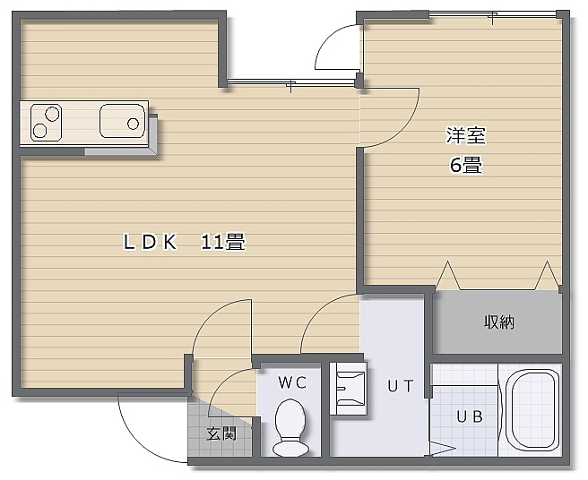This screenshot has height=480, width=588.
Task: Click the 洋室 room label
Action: click(x=466, y=135)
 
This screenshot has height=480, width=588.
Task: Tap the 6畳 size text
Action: click(x=466, y=165)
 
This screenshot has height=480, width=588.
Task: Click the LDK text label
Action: click(x=150, y=242)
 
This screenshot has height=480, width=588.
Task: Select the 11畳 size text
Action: click(x=223, y=242)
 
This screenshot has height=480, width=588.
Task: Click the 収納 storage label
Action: click(x=499, y=321)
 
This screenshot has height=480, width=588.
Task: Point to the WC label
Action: click(x=292, y=382)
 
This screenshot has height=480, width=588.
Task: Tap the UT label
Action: click(x=401, y=386)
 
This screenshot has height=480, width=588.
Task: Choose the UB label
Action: click(x=470, y=416)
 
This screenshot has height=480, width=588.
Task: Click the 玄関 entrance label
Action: click(x=221, y=434)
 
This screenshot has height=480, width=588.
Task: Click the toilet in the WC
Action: click(x=291, y=427)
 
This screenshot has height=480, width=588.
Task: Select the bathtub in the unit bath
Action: click(x=532, y=409)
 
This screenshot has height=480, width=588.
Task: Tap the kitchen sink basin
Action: click(x=122, y=121)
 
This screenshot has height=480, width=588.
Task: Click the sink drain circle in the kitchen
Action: click(x=134, y=124)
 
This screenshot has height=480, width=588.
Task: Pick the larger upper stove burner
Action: click(x=52, y=114)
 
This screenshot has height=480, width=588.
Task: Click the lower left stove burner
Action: click(x=39, y=131)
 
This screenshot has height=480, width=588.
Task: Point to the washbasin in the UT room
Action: click(x=348, y=388)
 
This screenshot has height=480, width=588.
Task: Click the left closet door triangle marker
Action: click(x=447, y=276)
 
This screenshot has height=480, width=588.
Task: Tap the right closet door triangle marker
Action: click(x=547, y=276)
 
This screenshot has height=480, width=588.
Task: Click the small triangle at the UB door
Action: click(x=444, y=449)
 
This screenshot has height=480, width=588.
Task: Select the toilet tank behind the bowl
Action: click(x=291, y=449)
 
